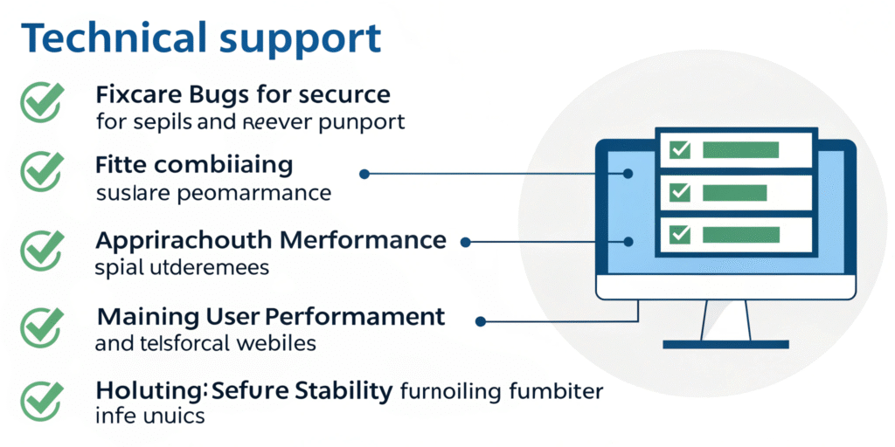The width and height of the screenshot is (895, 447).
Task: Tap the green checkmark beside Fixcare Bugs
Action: click(39, 102)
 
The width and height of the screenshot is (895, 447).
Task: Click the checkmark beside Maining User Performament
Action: click(39, 325)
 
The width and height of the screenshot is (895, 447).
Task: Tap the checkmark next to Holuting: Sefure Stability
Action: click(39, 397)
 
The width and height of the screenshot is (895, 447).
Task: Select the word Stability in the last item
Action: click(343, 391)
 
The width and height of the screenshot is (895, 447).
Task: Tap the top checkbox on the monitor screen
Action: click(679, 149)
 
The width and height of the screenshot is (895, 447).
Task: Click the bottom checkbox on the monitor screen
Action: click(679, 234)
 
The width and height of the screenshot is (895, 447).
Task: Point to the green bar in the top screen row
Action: click(739, 149)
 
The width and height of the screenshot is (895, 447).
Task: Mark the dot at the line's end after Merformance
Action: click(466, 242)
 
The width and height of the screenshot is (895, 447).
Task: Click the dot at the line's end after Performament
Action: click(480, 321)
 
